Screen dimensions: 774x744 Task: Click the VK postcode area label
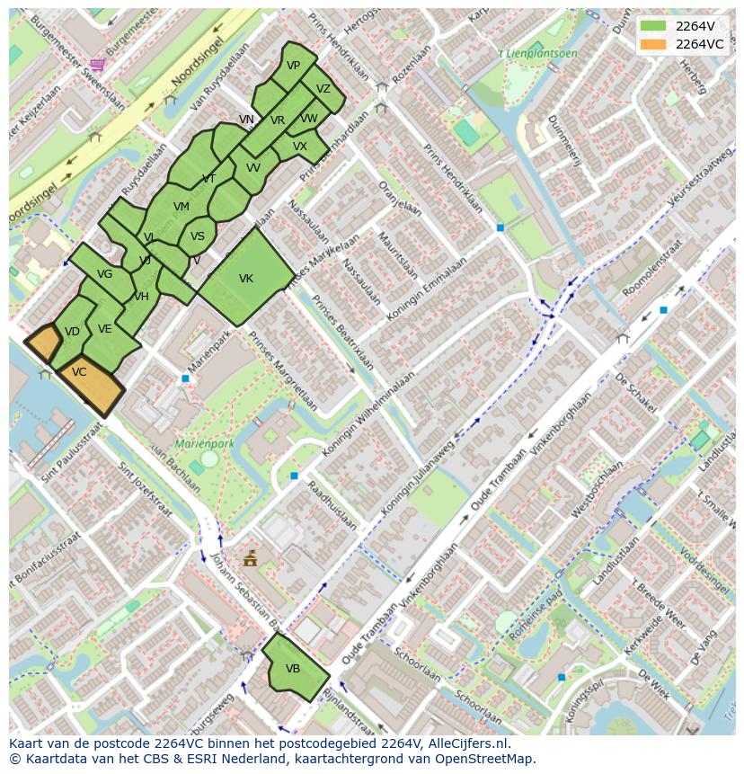(x=246, y=279)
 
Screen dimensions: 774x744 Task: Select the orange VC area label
(x=79, y=372)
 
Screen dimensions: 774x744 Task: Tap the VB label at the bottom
(x=293, y=669)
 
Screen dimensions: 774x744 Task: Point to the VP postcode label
(x=294, y=66)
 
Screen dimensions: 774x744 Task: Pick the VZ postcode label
(x=323, y=89)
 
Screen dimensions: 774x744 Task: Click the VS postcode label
(x=198, y=237)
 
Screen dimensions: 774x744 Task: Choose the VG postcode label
(x=104, y=274)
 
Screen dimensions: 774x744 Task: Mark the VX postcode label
(x=300, y=147)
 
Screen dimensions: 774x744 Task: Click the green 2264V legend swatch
(x=653, y=26)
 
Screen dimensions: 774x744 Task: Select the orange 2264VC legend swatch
(x=653, y=44)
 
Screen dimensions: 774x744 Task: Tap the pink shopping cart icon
(x=97, y=64)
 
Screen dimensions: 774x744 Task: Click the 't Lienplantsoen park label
(x=537, y=54)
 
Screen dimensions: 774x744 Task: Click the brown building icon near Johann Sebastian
(x=250, y=558)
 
